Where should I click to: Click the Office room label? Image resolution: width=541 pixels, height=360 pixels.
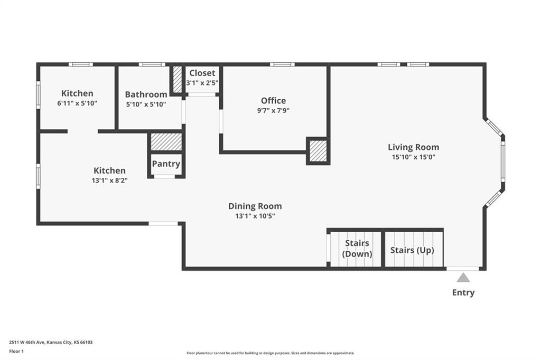click(x=273, y=101)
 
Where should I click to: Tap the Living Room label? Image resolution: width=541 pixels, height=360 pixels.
click(x=413, y=147)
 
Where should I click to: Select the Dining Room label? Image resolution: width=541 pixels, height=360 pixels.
click(x=255, y=206)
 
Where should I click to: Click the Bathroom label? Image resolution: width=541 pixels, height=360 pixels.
click(x=146, y=94)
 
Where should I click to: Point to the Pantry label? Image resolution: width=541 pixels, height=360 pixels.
click(x=166, y=164)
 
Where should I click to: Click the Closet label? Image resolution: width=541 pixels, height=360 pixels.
click(x=202, y=73)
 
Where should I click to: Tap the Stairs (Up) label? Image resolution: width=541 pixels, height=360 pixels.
click(x=412, y=250)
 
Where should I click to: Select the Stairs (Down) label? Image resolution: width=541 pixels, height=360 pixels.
click(x=357, y=249)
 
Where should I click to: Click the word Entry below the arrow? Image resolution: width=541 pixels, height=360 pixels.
click(x=463, y=292)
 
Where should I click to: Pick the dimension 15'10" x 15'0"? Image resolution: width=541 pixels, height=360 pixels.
click(x=413, y=157)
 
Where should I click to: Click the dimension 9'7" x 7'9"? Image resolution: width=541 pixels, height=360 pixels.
click(x=273, y=111)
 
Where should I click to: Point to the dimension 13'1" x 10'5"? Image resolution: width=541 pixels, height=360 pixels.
click(x=255, y=216)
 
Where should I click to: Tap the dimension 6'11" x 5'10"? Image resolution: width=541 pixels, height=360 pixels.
click(x=77, y=103)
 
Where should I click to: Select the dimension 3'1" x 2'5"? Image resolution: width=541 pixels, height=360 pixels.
click(x=202, y=83)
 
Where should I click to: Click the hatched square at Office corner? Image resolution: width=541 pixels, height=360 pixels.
click(x=318, y=150)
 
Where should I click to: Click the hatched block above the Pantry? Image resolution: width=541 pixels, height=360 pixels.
click(x=166, y=141)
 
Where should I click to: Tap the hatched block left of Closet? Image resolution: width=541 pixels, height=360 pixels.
click(x=177, y=79)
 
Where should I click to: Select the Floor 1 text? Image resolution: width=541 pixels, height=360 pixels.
click(x=16, y=352)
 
